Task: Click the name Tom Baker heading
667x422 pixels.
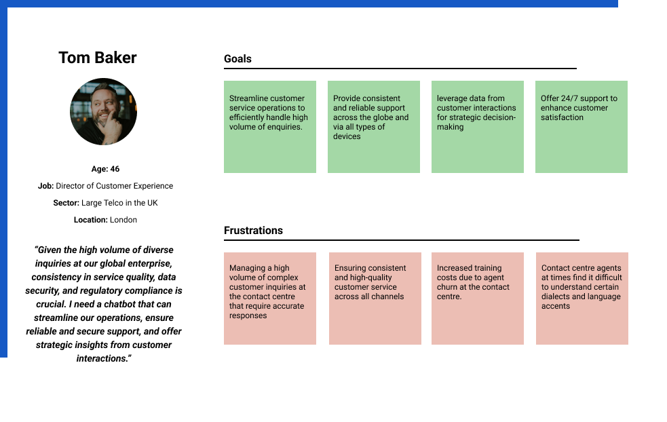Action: tap(98, 58)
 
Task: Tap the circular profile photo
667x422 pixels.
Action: tap(103, 111)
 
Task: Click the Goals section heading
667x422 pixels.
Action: tap(237, 59)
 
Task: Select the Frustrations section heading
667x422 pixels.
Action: tap(253, 230)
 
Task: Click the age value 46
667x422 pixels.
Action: tap(115, 169)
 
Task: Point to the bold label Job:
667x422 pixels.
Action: tap(45, 186)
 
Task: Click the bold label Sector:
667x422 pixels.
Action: tap(66, 203)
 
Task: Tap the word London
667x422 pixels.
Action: tap(123, 220)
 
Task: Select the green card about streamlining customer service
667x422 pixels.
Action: tap(270, 127)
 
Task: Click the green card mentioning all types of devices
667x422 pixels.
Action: tap(374, 127)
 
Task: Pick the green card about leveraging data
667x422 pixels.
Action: tap(478, 127)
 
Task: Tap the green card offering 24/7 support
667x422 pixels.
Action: tap(582, 127)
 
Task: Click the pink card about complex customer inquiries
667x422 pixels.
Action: tap(270, 299)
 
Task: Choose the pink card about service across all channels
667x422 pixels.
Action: tap(375, 299)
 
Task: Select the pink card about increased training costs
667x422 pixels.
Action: tap(478, 299)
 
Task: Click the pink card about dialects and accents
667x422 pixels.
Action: tap(582, 299)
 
